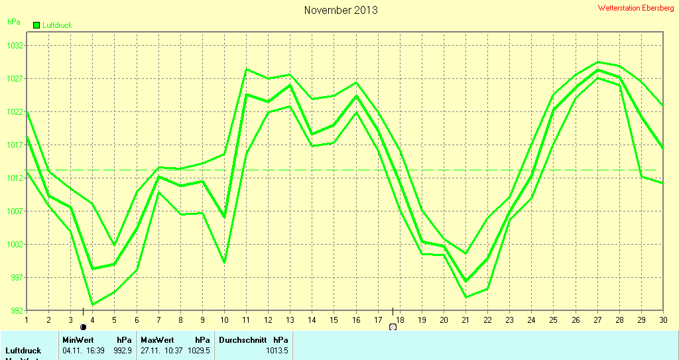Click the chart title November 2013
click(341, 10)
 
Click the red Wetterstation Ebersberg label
click(635, 8)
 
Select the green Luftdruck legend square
click(36, 25)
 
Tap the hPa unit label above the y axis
click(13, 22)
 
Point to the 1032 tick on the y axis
click(15, 46)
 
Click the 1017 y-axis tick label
click(15, 145)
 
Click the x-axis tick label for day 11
click(246, 320)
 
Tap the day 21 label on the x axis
click(465, 320)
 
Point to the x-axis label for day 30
click(662, 320)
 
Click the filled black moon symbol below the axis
click(83, 327)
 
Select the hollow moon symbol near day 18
click(393, 327)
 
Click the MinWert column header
click(78, 339)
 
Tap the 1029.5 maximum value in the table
click(200, 350)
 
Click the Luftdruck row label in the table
click(23, 350)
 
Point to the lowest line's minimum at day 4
click(92, 304)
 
